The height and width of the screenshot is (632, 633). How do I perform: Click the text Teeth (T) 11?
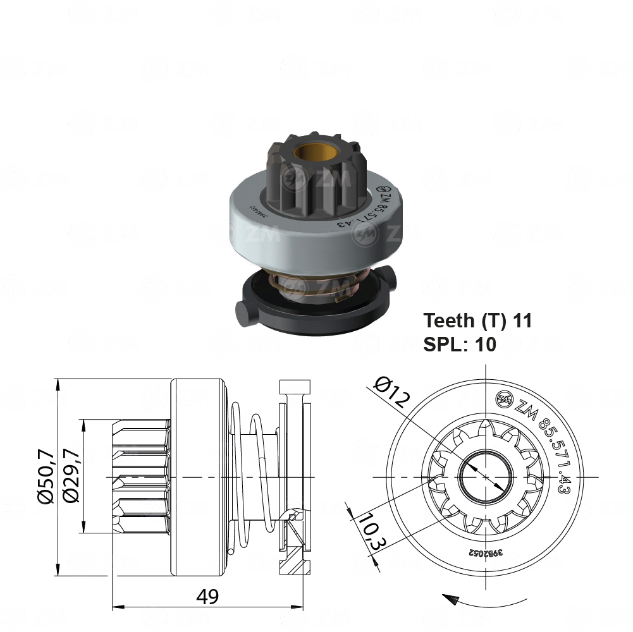pos(477,320)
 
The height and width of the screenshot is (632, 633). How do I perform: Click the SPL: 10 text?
pos(460,344)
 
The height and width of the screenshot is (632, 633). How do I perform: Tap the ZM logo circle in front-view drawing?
pos(505,398)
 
